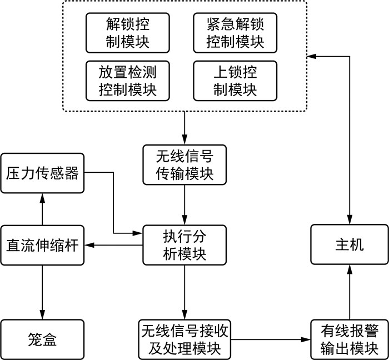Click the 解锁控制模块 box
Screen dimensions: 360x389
pyautogui.click(x=127, y=33)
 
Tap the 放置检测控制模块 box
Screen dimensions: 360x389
pyautogui.click(x=127, y=80)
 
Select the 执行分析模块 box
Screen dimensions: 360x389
pyautogui.click(x=184, y=244)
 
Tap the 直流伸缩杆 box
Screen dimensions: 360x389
pyautogui.click(x=42, y=244)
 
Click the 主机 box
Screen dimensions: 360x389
pyautogui.click(x=350, y=244)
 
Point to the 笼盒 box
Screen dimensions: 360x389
pyautogui.click(x=42, y=339)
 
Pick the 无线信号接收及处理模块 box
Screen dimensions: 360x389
pyautogui.click(x=184, y=339)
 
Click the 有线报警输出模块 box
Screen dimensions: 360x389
pyautogui.click(x=350, y=339)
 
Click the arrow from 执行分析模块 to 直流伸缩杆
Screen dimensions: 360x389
pyautogui.click(x=113, y=244)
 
